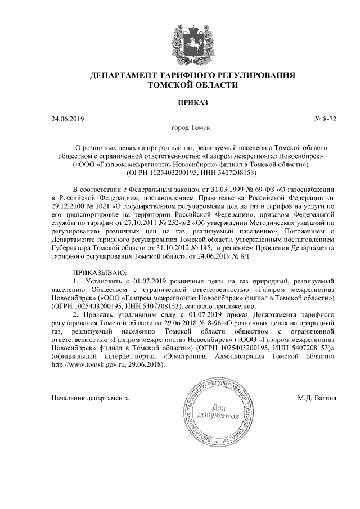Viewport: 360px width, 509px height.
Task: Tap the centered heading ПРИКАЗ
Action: [x=181, y=102]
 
